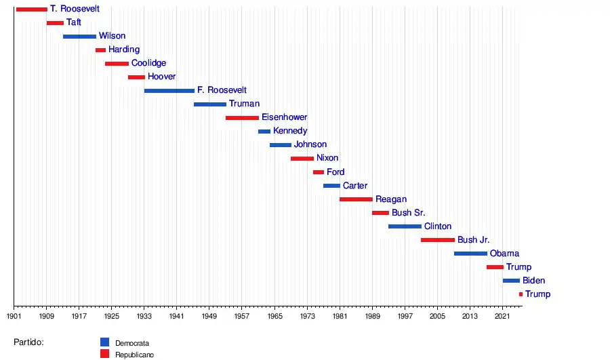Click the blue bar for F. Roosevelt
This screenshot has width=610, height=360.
point(169,91)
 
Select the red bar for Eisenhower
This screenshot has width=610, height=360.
point(242,118)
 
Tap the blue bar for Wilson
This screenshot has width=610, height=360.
point(79,37)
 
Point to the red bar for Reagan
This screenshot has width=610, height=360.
point(356,199)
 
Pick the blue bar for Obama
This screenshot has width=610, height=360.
point(470,254)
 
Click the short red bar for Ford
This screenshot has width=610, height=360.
point(319,172)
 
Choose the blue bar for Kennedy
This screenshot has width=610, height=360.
point(264,132)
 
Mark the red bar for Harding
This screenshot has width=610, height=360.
point(100,50)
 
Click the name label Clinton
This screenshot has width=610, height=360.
point(438,226)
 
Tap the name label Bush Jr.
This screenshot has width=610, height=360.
point(473,240)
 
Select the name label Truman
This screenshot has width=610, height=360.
point(244,104)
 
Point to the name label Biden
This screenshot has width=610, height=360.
point(533,281)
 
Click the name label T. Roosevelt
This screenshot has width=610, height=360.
point(75,9)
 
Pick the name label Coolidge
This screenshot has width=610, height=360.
point(148,64)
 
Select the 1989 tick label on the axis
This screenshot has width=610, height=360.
point(372,316)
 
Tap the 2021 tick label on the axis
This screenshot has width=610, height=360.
point(502,316)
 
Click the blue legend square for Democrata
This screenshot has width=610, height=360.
point(104,342)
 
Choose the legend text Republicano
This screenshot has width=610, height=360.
point(134,355)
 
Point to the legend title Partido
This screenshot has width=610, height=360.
point(28,342)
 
